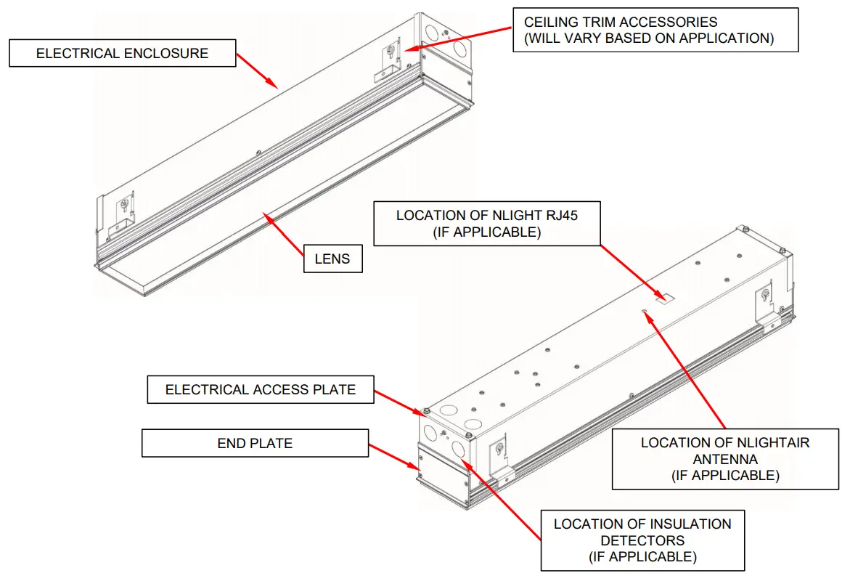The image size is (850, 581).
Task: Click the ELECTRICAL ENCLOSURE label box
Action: pos(122,53)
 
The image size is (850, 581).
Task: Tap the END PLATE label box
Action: pos(255,443)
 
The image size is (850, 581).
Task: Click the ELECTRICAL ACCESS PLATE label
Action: pos(260,390)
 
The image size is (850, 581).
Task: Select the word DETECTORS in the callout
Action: pos(642,540)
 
